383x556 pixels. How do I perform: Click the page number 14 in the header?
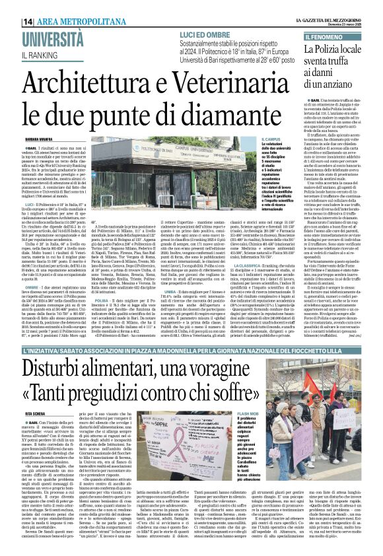pyautogui.click(x=28, y=22)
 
